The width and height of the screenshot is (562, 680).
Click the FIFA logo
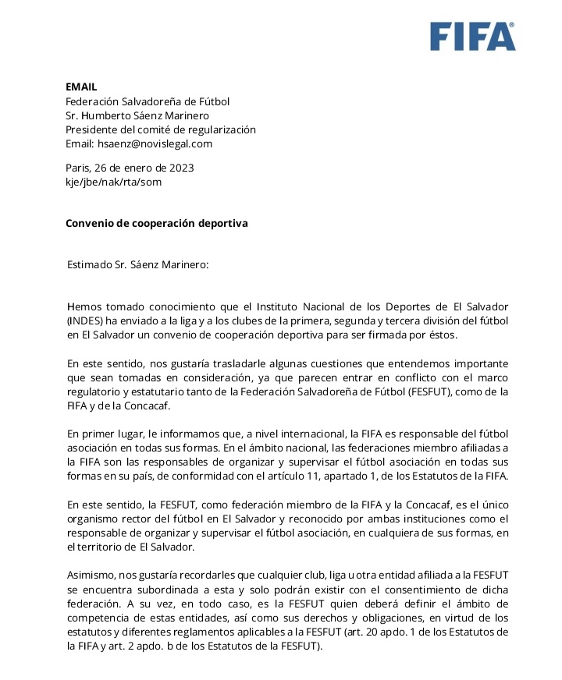(472, 37)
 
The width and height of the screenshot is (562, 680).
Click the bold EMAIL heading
(81, 87)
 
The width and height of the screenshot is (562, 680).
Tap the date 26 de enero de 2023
(144, 168)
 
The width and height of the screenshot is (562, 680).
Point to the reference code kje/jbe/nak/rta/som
(113, 182)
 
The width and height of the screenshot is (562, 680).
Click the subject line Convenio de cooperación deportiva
(156, 223)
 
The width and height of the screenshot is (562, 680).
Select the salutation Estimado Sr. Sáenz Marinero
(138, 264)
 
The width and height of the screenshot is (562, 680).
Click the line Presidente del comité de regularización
(160, 129)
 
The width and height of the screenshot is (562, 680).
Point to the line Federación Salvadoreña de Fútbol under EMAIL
(148, 101)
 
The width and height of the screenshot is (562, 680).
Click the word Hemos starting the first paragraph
(85, 306)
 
